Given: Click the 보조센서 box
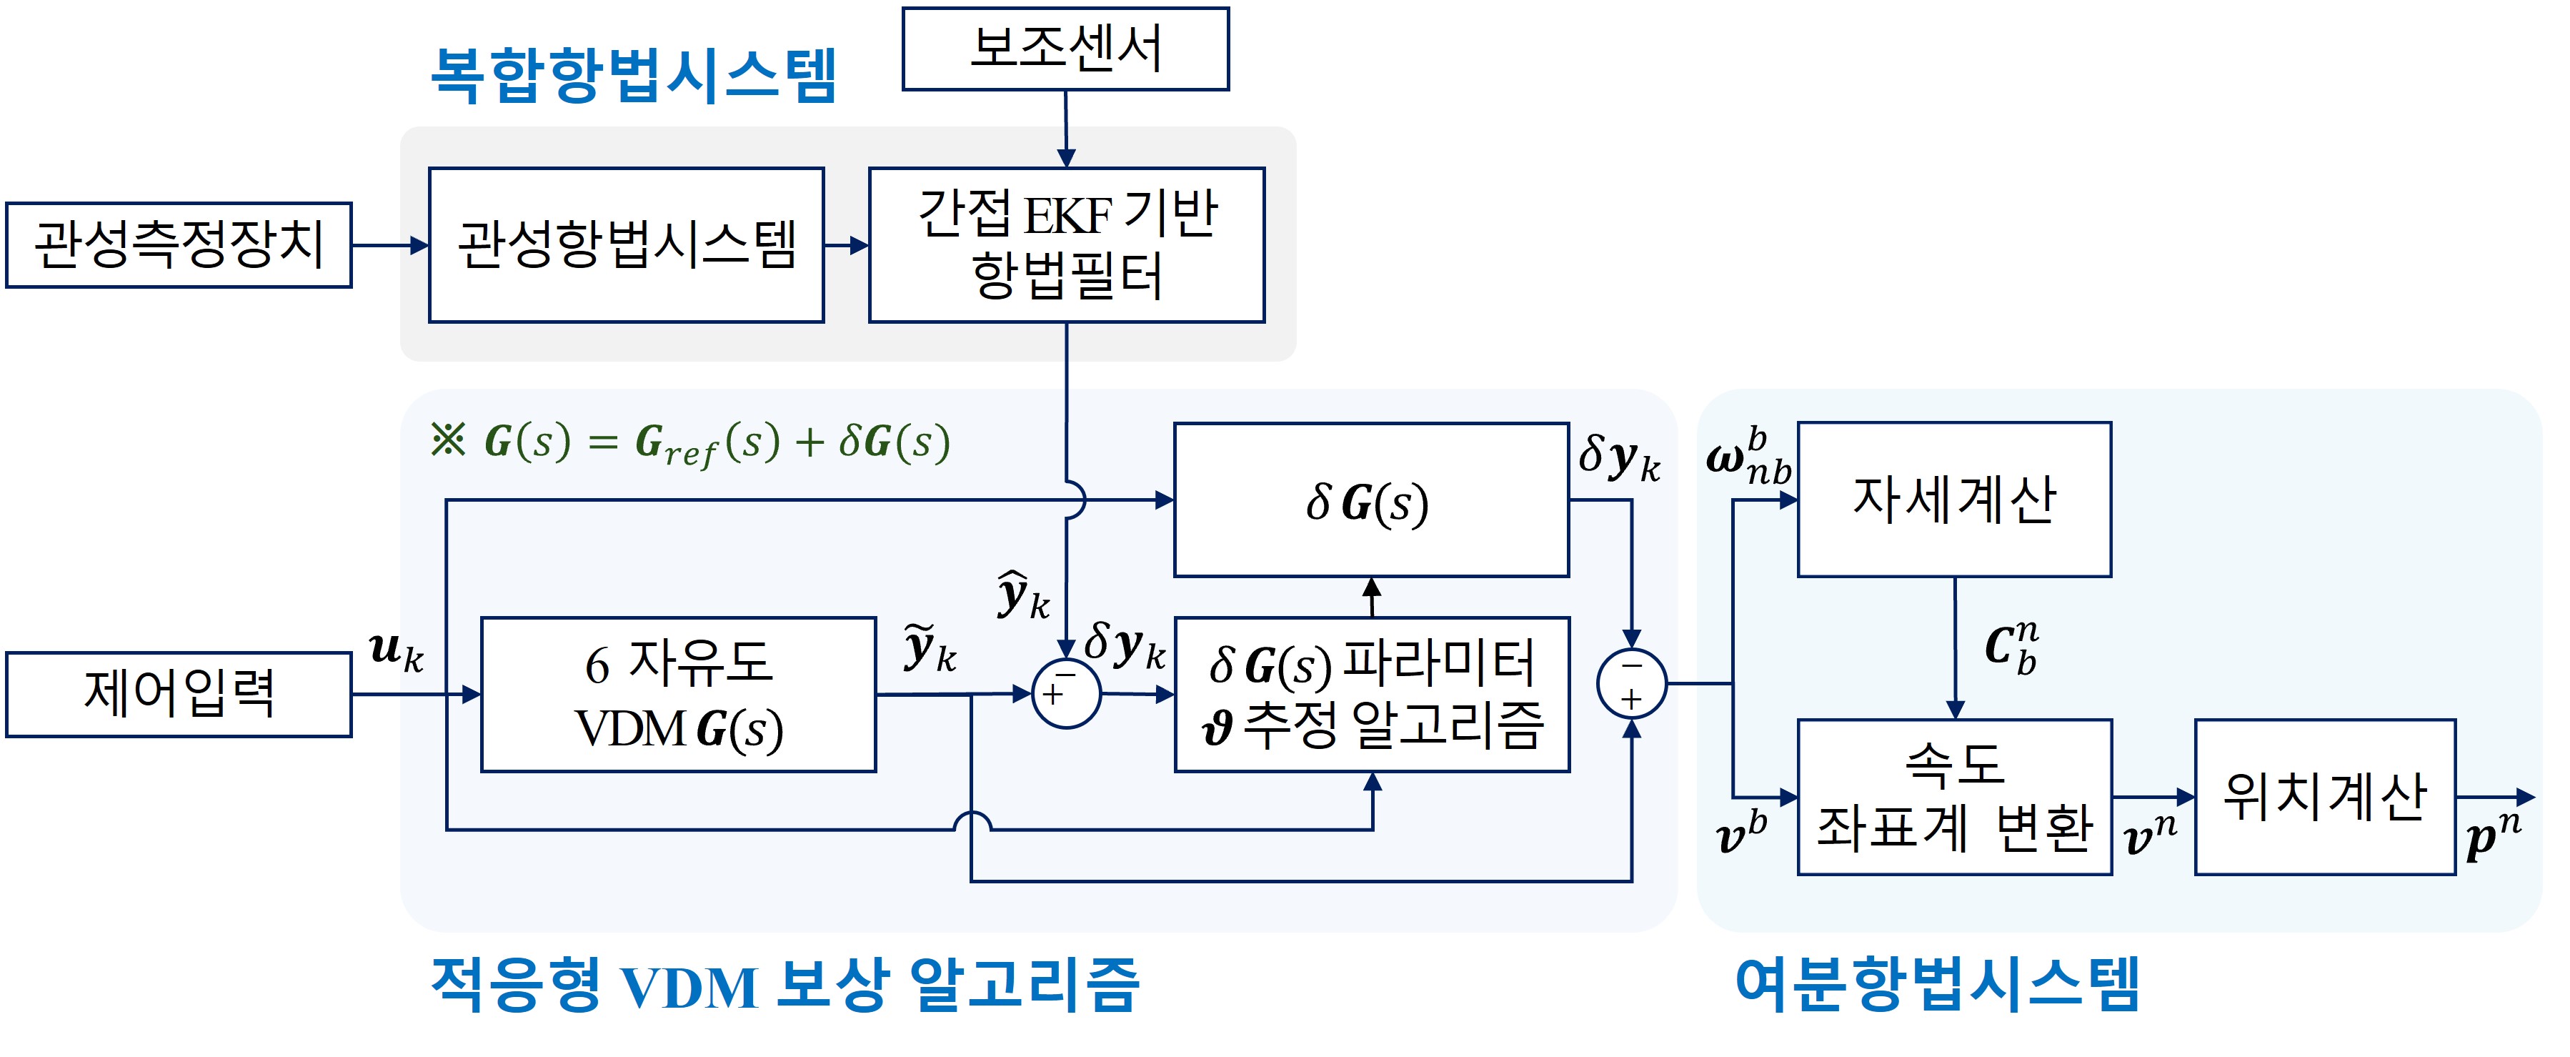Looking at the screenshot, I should (1065, 49).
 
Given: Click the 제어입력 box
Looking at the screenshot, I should (179, 695).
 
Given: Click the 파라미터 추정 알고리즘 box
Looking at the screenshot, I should (1372, 695).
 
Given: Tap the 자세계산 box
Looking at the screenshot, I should (1953, 499).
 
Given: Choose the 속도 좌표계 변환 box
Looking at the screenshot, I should (1953, 796).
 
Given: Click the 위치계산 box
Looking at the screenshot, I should (2324, 796).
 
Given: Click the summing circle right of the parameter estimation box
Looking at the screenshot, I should (1631, 684).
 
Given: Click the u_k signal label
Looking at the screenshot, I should (396, 651).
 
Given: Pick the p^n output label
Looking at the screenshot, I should (2492, 836).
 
